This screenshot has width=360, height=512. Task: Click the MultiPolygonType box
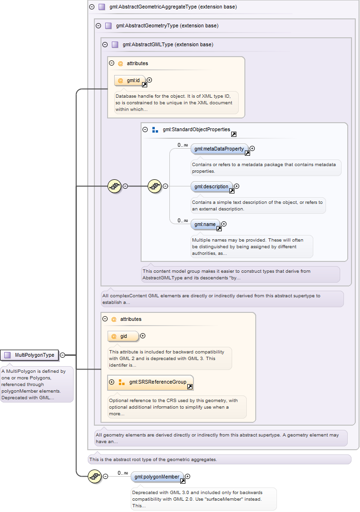click(29, 355)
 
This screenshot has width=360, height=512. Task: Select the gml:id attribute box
click(130, 80)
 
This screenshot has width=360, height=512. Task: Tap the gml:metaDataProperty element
click(219, 149)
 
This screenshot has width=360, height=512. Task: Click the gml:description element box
click(211, 187)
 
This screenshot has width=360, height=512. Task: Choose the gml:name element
click(205, 224)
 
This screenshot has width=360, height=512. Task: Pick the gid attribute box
click(123, 336)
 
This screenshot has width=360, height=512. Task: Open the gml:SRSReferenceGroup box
click(151, 382)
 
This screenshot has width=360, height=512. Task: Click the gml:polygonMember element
click(157, 477)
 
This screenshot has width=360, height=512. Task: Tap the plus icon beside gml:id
click(149, 80)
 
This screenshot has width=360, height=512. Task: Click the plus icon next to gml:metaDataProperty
click(252, 149)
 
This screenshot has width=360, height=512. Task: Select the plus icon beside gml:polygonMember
click(188, 477)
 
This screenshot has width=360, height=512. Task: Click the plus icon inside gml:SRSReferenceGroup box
click(112, 382)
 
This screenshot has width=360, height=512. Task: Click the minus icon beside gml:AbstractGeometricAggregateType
click(92, 7)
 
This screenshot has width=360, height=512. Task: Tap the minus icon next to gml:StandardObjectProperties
click(145, 130)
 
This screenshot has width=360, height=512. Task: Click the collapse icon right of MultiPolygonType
click(63, 355)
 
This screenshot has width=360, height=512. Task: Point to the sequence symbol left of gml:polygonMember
click(95, 477)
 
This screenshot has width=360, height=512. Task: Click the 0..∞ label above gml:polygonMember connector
click(123, 473)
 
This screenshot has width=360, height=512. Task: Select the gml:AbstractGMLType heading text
click(168, 45)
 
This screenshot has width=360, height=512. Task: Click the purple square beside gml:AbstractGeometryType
click(109, 26)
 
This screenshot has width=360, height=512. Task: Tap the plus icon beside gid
click(142, 336)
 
